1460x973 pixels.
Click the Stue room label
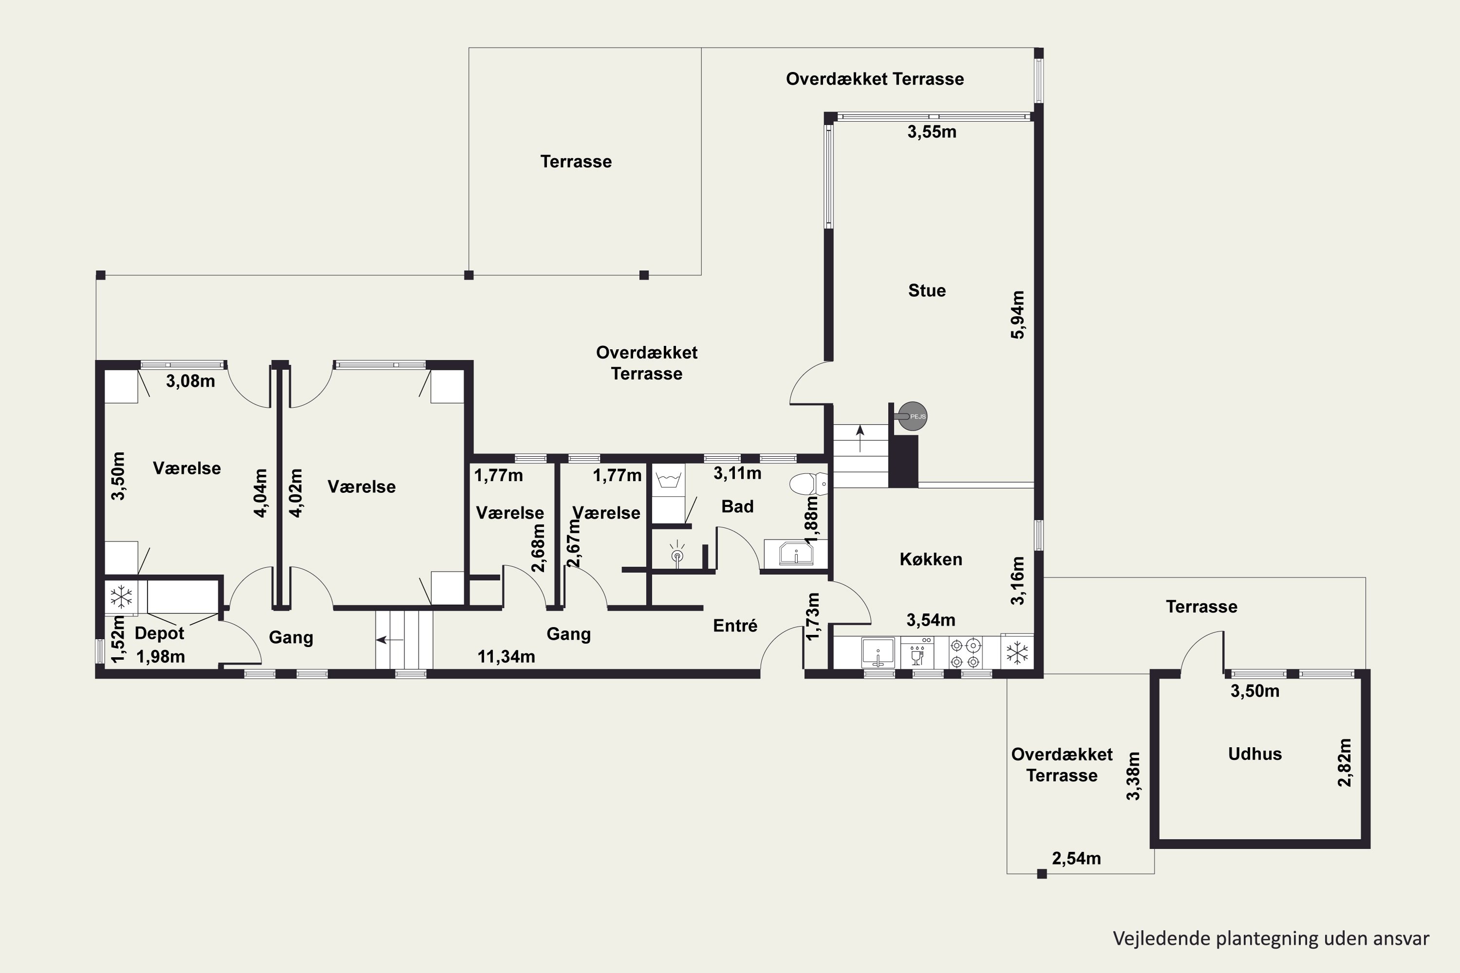point(927,290)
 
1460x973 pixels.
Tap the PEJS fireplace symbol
point(912,416)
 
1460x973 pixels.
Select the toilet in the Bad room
point(809,484)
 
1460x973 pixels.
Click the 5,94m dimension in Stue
point(1018,315)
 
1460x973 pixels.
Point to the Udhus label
point(1255,754)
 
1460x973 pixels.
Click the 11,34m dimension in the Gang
point(506,656)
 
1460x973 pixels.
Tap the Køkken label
point(931,559)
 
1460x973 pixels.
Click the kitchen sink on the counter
point(878,653)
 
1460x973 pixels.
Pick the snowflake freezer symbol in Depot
point(121,597)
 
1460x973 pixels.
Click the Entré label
point(735,626)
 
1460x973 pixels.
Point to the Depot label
point(160,633)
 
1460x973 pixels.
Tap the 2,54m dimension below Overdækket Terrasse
point(1077,858)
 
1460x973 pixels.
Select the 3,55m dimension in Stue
point(932,131)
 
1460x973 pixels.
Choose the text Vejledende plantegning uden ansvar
point(1271,938)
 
